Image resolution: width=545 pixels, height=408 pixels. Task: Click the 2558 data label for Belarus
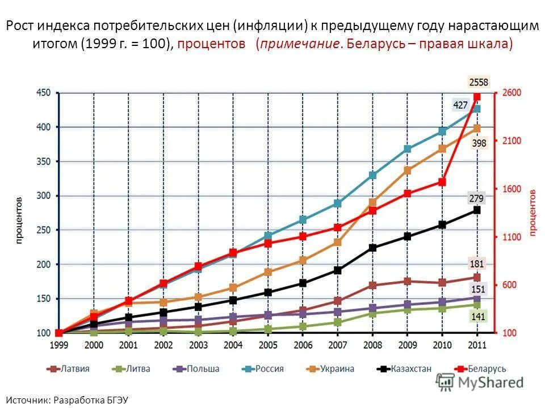tap(478, 82)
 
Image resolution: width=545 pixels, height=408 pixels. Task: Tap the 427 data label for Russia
tap(460, 105)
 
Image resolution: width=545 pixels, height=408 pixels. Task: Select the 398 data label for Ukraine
tap(479, 143)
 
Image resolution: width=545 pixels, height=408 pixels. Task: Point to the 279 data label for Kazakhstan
tap(476, 198)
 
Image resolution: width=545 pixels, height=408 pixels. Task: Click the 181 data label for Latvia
tap(477, 263)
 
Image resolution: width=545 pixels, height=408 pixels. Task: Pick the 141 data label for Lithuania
tap(478, 317)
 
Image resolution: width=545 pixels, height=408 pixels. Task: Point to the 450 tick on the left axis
tap(44, 92)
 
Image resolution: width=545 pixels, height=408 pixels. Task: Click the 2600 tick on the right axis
tap(510, 92)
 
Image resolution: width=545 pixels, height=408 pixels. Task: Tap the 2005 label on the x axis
tap(268, 345)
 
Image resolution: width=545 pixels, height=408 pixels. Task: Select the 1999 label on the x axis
tap(58, 345)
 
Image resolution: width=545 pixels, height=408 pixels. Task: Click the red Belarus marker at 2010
tap(442, 182)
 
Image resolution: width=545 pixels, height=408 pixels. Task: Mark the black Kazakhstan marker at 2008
tap(372, 248)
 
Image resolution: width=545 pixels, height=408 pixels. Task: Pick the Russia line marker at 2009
tap(407, 149)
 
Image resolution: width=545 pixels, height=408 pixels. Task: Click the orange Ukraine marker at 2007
tap(337, 242)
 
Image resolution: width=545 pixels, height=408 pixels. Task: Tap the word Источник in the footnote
tap(29, 400)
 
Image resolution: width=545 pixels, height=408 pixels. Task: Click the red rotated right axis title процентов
tap(533, 212)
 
